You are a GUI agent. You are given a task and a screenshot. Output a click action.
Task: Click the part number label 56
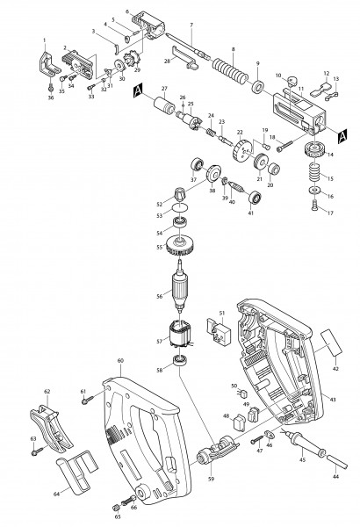coord(159,296)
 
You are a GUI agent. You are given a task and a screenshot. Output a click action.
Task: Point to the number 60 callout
coord(120,361)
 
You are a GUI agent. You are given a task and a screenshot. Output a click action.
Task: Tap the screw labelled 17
coord(313,206)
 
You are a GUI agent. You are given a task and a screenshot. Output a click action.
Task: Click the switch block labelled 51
coord(216,326)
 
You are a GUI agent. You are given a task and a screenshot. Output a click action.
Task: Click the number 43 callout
coord(333,400)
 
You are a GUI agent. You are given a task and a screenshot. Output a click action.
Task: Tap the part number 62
coord(47,391)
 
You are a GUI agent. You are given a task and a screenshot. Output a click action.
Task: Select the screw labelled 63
coord(40,452)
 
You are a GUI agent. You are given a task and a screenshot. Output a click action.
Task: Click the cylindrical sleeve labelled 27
coord(163,108)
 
